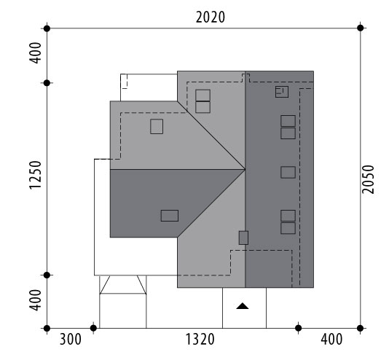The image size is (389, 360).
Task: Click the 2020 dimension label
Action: (211, 17)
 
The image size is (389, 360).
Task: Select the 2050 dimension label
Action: (368, 179)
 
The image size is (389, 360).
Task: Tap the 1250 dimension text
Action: (35, 175)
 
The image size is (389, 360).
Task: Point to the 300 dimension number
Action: (71, 340)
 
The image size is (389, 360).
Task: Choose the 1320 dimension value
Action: (200, 340)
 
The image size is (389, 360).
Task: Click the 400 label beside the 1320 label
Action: (331, 340)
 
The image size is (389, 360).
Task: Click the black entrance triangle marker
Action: (243, 306)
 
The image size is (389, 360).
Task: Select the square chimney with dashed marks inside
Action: (282, 92)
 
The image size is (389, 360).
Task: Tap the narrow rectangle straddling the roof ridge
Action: (243, 238)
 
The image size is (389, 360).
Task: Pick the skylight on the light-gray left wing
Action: (157, 127)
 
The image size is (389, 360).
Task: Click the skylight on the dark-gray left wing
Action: (170, 216)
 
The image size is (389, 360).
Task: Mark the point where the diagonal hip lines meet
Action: (245, 170)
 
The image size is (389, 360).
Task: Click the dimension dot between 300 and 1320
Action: (93, 328)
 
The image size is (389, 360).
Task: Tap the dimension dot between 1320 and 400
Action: (299, 328)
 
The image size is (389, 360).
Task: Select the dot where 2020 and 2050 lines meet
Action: (361, 28)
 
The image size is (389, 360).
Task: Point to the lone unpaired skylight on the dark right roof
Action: (288, 173)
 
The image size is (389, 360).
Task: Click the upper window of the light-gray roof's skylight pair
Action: (203, 95)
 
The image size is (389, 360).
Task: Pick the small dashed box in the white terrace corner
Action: (124, 81)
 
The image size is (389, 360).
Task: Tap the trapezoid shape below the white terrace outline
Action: (123, 285)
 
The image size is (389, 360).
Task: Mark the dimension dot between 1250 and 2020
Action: (47, 83)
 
